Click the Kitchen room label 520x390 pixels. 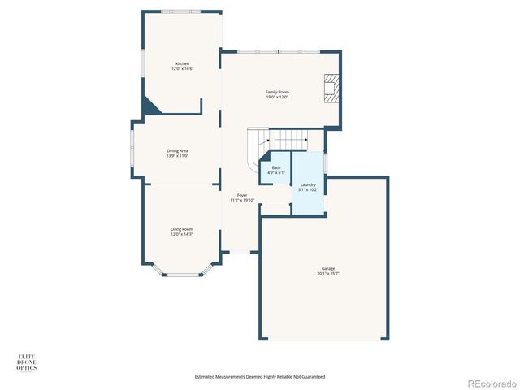(x=183, y=64)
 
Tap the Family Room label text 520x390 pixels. (x=277, y=92)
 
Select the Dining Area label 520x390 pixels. (x=178, y=150)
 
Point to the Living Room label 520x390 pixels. (x=181, y=229)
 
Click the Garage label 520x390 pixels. (x=327, y=269)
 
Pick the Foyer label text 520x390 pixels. (x=242, y=195)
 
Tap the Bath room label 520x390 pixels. (x=276, y=167)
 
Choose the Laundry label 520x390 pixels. (x=308, y=185)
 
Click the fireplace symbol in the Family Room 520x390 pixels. (x=331, y=89)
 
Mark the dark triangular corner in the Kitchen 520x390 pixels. (x=149, y=105)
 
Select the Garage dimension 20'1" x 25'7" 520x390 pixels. (x=327, y=274)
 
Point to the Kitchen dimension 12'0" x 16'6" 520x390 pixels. (x=183, y=69)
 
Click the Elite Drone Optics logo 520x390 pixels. (x=27, y=362)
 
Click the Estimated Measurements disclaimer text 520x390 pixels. (x=260, y=376)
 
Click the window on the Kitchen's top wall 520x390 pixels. (x=180, y=11)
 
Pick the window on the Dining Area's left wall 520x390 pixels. (x=132, y=150)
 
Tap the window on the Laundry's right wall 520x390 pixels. (x=326, y=162)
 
